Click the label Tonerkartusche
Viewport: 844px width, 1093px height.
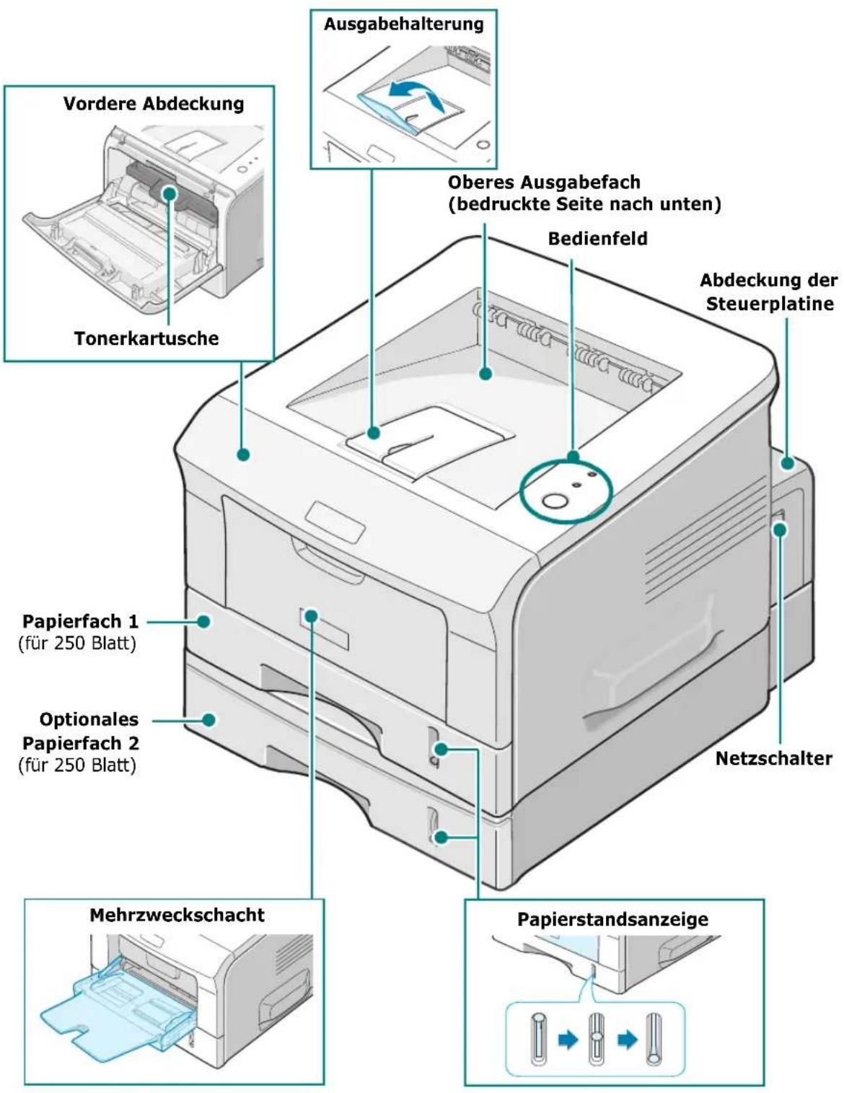click(146, 338)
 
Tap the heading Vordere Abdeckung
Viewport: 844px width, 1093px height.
click(154, 104)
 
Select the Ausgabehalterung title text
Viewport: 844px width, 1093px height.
click(404, 24)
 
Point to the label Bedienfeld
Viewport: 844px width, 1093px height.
click(597, 238)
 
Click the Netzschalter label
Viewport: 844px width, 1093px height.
click(773, 758)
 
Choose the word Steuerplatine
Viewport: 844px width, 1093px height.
click(770, 304)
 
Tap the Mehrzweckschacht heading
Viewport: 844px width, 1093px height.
click(177, 914)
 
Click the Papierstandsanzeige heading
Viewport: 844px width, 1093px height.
click(612, 919)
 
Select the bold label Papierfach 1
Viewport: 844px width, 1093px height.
click(80, 621)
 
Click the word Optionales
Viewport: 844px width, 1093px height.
click(89, 719)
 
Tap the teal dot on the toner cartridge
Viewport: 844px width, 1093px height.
click(170, 193)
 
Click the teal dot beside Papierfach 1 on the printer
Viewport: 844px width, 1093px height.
click(203, 622)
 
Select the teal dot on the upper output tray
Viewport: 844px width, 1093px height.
click(485, 374)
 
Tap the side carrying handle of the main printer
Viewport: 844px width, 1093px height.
click(654, 669)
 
